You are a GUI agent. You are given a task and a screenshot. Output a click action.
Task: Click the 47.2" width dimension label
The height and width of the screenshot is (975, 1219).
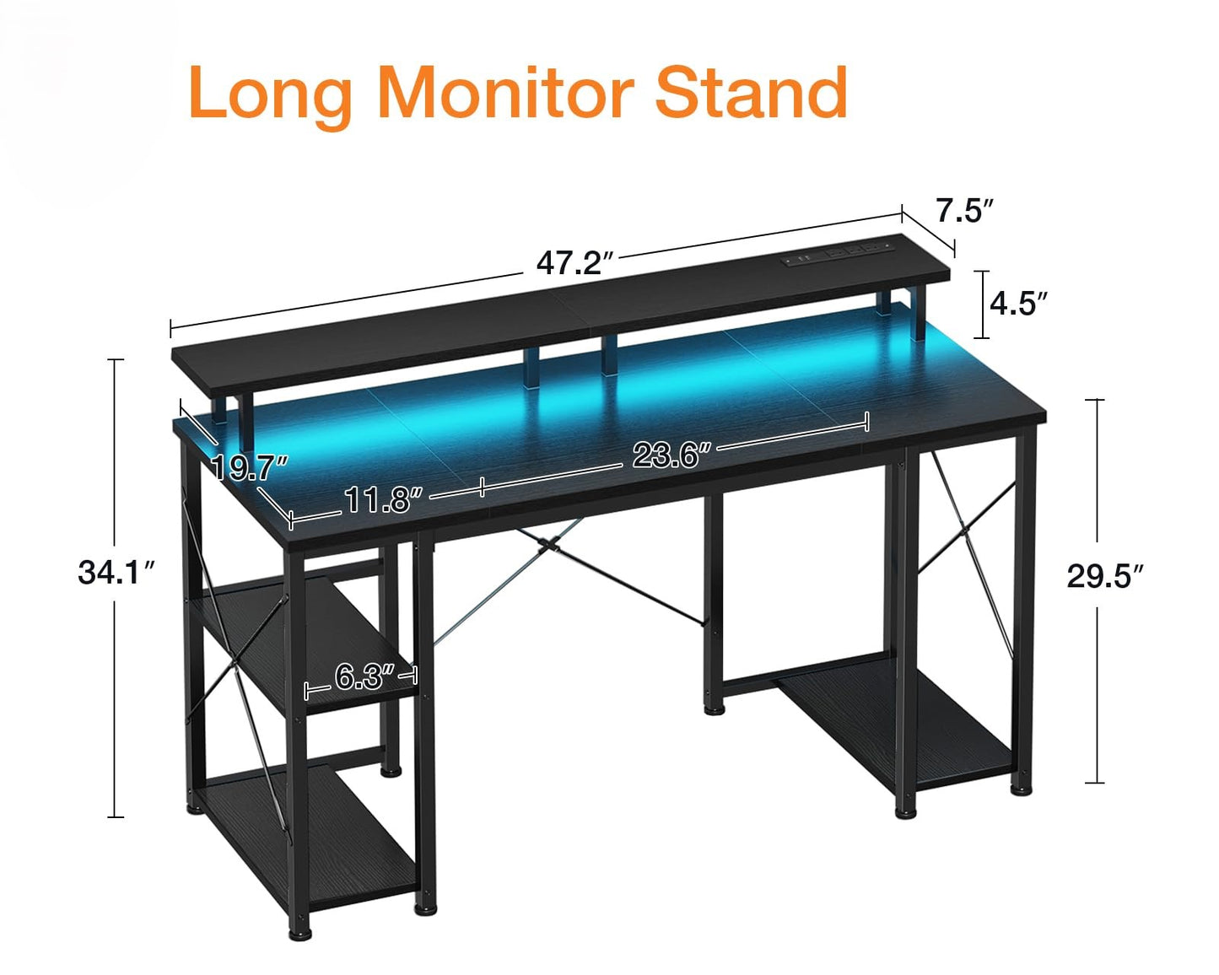coord(575,263)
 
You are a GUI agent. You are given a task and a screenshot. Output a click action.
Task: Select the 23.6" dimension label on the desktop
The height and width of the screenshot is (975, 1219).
coord(672,454)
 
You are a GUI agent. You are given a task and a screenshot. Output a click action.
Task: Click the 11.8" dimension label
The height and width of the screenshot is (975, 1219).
coord(384,499)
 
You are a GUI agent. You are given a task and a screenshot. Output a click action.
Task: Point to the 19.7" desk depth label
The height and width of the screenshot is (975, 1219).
coord(249,468)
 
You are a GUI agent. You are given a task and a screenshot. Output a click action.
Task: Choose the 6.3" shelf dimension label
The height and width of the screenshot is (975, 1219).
coord(365,676)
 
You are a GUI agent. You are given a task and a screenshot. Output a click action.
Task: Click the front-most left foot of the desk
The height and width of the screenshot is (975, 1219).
coord(299,933)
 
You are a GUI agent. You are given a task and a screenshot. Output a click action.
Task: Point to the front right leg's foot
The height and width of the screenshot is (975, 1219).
coord(906,812)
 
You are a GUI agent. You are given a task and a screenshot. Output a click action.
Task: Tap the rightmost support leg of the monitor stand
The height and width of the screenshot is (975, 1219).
coord(917,314)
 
